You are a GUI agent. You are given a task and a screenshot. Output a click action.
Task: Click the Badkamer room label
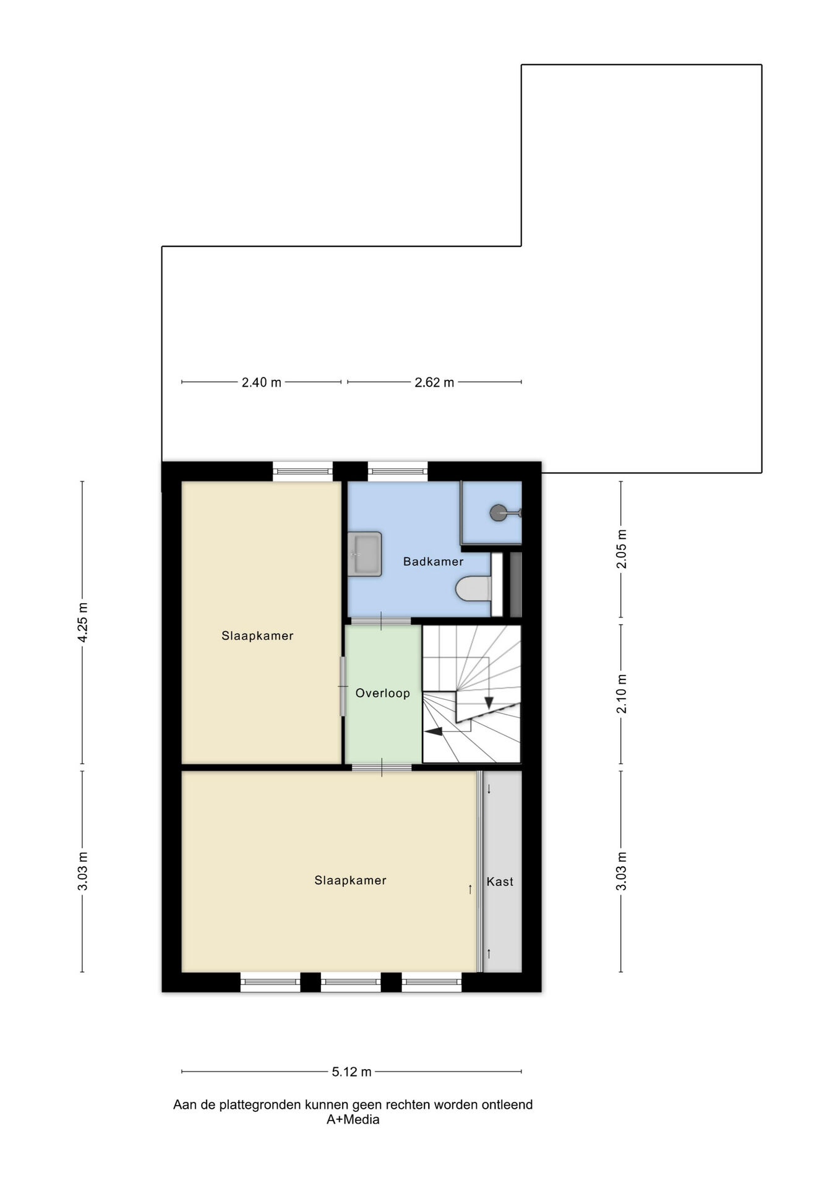[433, 562]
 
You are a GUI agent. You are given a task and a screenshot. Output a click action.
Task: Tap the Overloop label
[382, 694]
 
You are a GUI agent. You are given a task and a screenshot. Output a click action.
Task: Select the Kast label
[500, 882]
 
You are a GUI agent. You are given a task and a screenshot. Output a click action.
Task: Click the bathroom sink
[364, 554]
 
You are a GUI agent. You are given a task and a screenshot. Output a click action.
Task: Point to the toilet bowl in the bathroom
[474, 588]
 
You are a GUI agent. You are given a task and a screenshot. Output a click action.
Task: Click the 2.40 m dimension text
[261, 382]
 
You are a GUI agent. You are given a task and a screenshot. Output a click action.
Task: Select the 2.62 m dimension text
[434, 382]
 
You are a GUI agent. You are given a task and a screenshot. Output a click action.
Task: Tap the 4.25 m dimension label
[83, 622]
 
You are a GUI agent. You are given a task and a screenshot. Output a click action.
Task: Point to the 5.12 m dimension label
[352, 1072]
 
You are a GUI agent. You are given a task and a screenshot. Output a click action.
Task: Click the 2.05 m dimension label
[622, 549]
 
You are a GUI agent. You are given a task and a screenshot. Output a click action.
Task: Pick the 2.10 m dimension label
[622, 694]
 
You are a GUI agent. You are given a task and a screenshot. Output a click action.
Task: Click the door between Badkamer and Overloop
[381, 621]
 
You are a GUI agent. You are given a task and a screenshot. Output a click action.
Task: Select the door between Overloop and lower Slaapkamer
[382, 768]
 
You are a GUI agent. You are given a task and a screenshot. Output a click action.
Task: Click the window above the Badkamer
[398, 471]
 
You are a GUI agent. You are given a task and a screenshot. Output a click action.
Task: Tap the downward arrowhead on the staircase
[489, 703]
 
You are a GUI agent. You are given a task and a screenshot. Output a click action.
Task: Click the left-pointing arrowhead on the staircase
[434, 731]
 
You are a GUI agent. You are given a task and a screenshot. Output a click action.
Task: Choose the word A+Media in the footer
[353, 1119]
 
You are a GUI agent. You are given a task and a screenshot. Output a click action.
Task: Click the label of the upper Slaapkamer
[257, 636]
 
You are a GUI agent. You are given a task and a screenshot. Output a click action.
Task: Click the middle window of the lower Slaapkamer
[351, 982]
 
